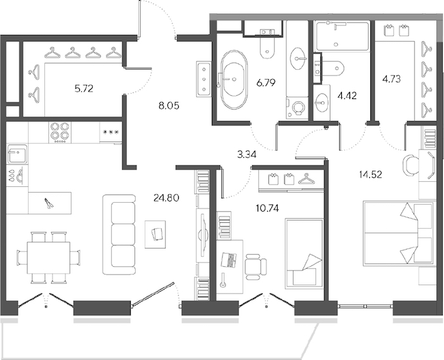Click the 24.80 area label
(166, 198)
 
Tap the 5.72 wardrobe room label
(84, 89)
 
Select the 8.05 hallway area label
(169, 106)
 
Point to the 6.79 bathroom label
(265, 83)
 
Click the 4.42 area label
(347, 96)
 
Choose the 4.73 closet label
(391, 79)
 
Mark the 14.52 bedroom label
(370, 174)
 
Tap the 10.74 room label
(267, 209)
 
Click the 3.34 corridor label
(247, 155)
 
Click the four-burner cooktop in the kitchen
(60, 132)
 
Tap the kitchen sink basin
(18, 154)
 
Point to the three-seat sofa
(119, 235)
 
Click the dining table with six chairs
(49, 257)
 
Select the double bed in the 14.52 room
(400, 233)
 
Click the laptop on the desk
(229, 260)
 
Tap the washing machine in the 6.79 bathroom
(297, 108)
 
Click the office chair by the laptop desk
(254, 266)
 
